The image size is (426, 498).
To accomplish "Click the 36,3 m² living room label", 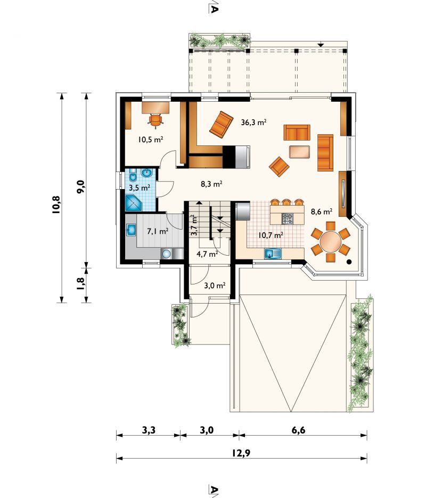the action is coord(253,123).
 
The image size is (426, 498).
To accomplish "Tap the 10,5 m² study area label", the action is coord(151,139).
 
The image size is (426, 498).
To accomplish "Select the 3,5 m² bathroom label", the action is coord(140,187).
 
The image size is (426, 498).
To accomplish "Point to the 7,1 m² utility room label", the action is coord(158,231).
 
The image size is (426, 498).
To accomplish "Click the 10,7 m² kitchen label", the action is coord(271,235).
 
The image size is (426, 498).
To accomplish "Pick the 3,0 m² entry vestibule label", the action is coord(215,285).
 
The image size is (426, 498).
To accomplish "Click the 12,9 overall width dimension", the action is coord(241,453).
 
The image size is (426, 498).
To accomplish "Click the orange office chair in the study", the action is coord(155,120).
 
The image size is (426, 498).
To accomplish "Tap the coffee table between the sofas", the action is coord(299,151).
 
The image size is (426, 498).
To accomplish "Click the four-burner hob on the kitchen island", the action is coord(288,218).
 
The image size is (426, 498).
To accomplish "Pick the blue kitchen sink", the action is coord(273,254).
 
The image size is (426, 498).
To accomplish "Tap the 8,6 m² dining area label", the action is coord(322,212).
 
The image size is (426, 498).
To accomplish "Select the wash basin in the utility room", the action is coord(131,230).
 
